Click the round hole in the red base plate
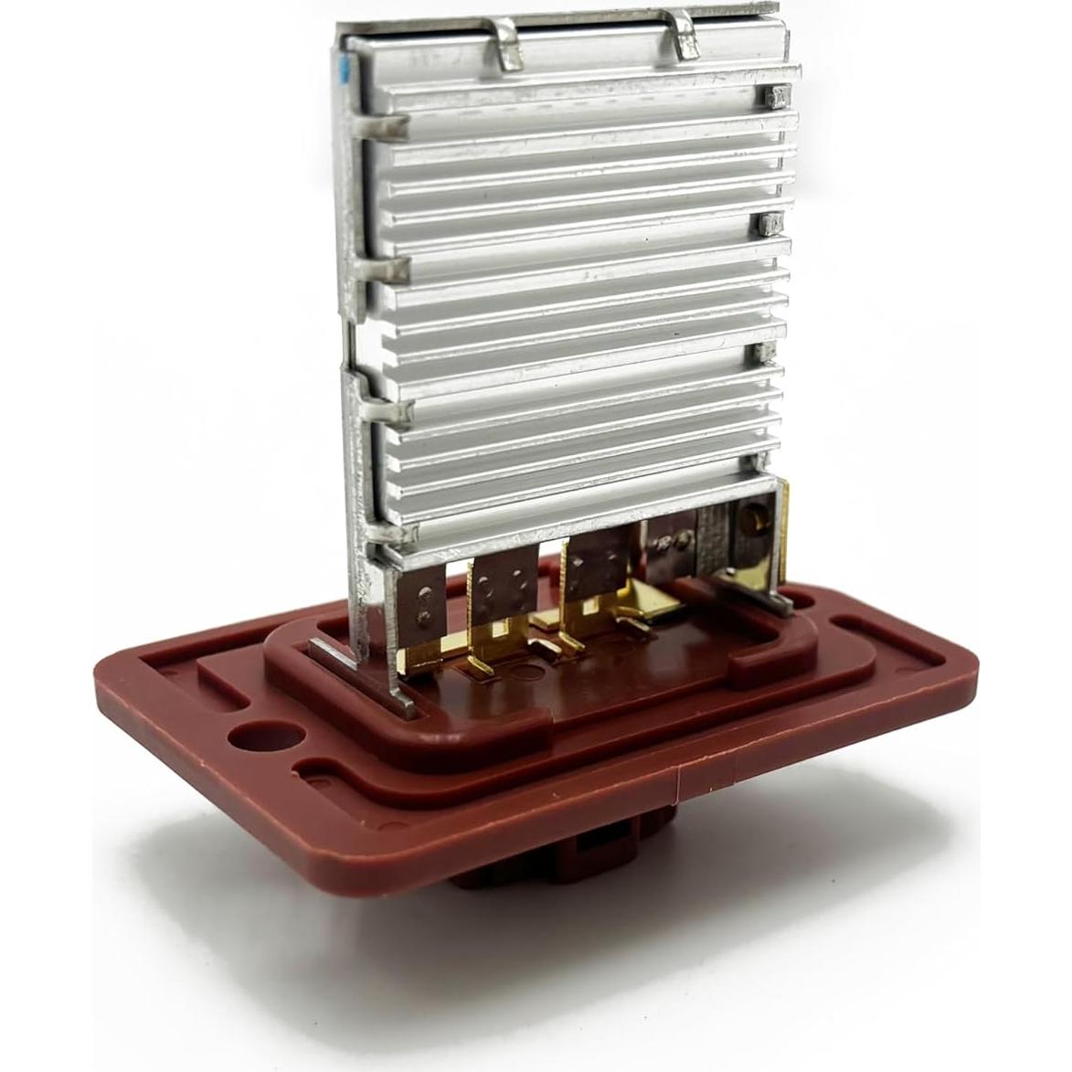[265, 739]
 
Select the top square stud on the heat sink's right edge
[778, 94]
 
